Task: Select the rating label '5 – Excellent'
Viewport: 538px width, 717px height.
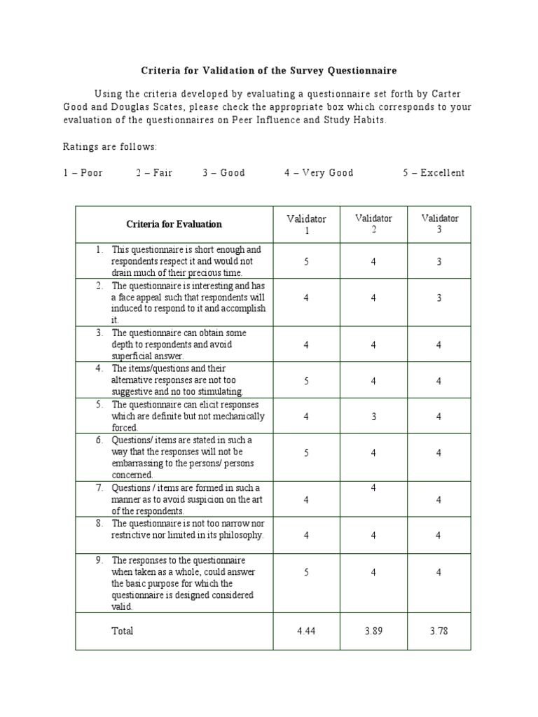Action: tap(433, 173)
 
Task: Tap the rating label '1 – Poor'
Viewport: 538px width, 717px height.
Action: tap(83, 173)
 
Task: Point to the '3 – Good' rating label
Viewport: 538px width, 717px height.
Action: tap(224, 173)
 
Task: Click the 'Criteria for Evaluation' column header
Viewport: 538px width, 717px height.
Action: tap(174, 224)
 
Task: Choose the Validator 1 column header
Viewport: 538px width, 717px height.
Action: tap(306, 224)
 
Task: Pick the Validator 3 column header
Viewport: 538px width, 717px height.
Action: tap(440, 223)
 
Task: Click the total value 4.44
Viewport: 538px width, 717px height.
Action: tap(306, 631)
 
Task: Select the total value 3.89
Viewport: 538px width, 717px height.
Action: tap(373, 631)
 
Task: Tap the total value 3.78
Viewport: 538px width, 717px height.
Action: tap(439, 631)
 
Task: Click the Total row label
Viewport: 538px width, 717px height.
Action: tap(123, 631)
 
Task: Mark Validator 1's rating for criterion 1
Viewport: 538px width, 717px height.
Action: tap(306, 261)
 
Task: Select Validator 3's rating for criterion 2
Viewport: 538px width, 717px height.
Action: tap(439, 298)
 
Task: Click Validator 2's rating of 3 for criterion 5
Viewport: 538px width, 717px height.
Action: tap(373, 417)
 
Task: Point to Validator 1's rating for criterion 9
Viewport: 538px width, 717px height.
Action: tap(306, 572)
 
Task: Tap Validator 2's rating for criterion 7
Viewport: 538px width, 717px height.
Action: tap(373, 487)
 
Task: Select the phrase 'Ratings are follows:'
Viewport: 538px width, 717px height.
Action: tap(110, 146)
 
